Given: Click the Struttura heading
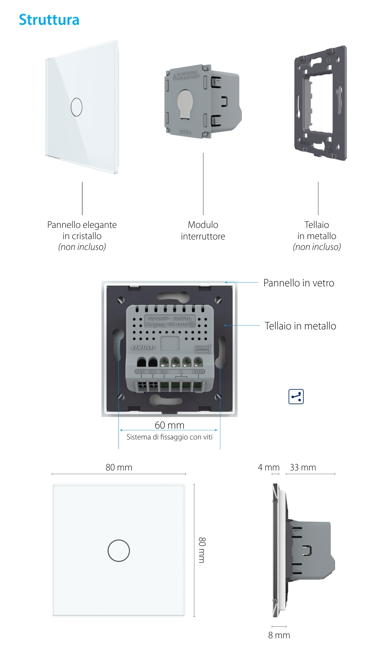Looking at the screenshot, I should point(49,20).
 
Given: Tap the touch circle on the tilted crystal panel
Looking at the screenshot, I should point(77,107).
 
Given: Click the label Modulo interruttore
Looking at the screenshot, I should point(203,231).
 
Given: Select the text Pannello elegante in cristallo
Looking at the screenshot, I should point(82,230).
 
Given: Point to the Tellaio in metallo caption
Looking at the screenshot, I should point(317,230).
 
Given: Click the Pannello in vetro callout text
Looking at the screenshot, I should point(298,283).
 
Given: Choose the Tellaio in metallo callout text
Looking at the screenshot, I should point(300,326).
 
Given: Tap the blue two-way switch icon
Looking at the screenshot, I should point(296,396).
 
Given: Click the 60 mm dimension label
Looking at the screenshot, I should point(170,425).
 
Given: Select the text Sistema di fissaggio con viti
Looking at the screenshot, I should point(170,437).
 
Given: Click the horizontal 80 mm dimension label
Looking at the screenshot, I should point(119,467).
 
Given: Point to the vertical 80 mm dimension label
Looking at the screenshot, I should point(202,550).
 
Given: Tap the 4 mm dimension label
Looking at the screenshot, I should point(269,467).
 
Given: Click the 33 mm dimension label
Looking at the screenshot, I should point(303,467).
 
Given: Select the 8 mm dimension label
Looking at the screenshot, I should point(279,635).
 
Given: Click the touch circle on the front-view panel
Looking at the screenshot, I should point(119,550).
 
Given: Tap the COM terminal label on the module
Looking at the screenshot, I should point(198,372).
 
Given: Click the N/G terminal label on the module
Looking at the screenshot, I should point(140,372).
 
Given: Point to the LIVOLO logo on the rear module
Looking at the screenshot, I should point(143,347).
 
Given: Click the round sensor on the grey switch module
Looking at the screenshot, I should point(185,103).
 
